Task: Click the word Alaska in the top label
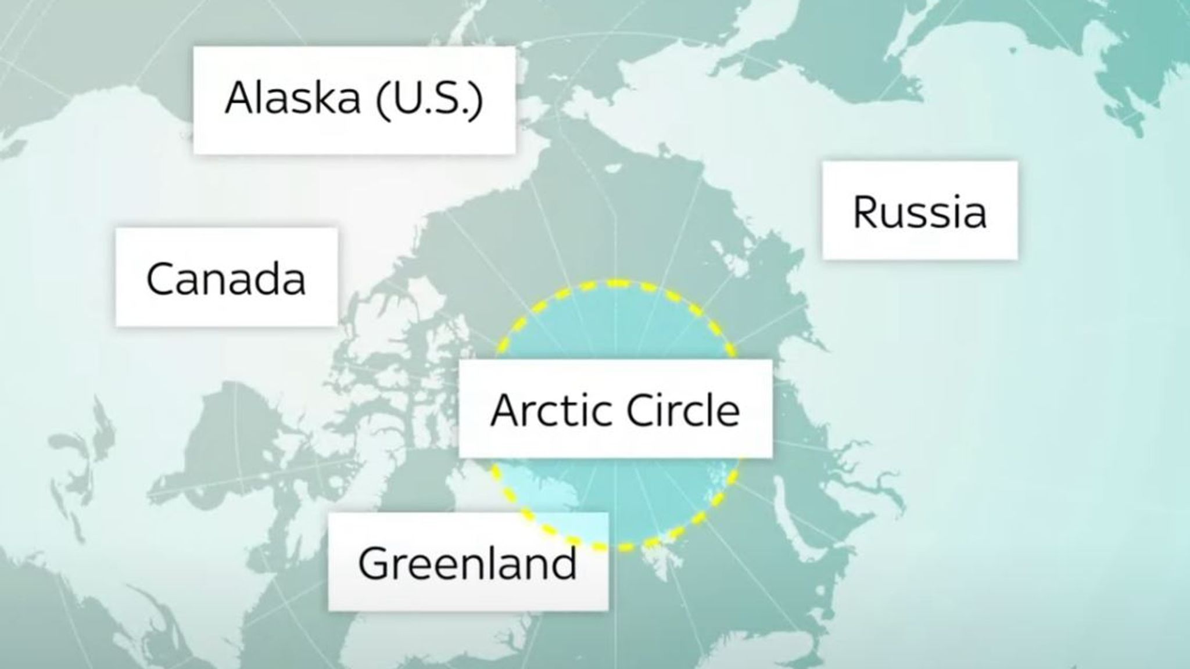point(292,98)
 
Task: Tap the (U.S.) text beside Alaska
point(429,98)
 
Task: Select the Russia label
point(919,211)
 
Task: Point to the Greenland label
point(468,563)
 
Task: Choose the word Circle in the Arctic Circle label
point(683,410)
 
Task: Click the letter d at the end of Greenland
point(564,562)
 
